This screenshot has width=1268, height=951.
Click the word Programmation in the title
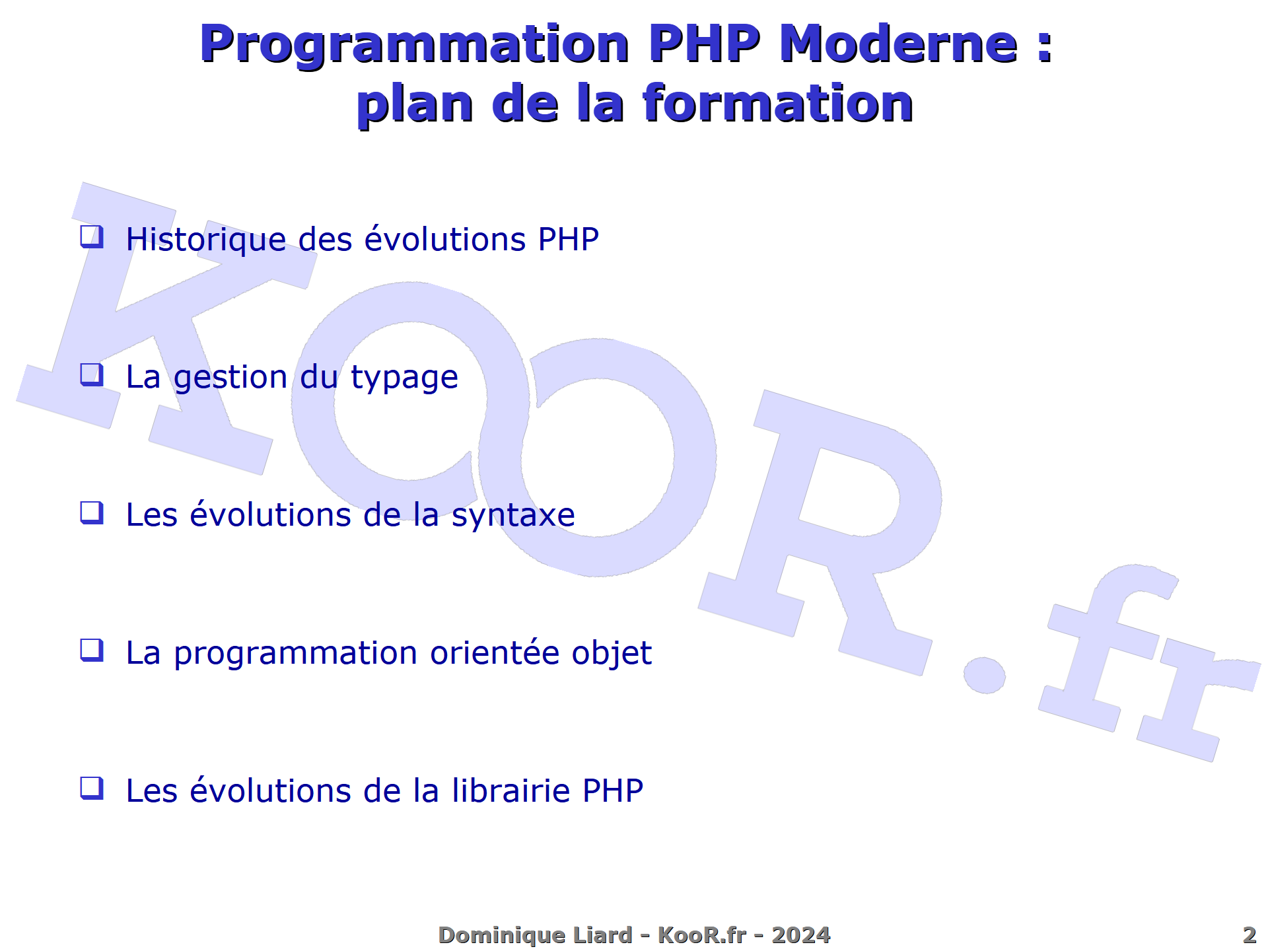click(x=415, y=44)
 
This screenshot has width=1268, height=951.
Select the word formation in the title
click(x=778, y=103)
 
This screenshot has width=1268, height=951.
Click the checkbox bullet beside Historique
click(x=92, y=237)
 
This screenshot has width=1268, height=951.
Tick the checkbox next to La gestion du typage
click(x=92, y=375)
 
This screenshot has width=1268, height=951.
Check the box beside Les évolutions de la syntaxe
click(x=92, y=512)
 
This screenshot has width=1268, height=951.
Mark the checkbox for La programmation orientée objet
click(x=92, y=651)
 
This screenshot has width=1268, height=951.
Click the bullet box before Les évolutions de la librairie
click(x=92, y=788)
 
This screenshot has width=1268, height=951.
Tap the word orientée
click(x=495, y=652)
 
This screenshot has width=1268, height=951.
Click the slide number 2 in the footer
click(x=1250, y=935)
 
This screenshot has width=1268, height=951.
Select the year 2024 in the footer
click(x=801, y=935)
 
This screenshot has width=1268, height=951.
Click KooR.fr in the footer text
click(x=702, y=935)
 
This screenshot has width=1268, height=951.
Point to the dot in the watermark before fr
click(x=984, y=676)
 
